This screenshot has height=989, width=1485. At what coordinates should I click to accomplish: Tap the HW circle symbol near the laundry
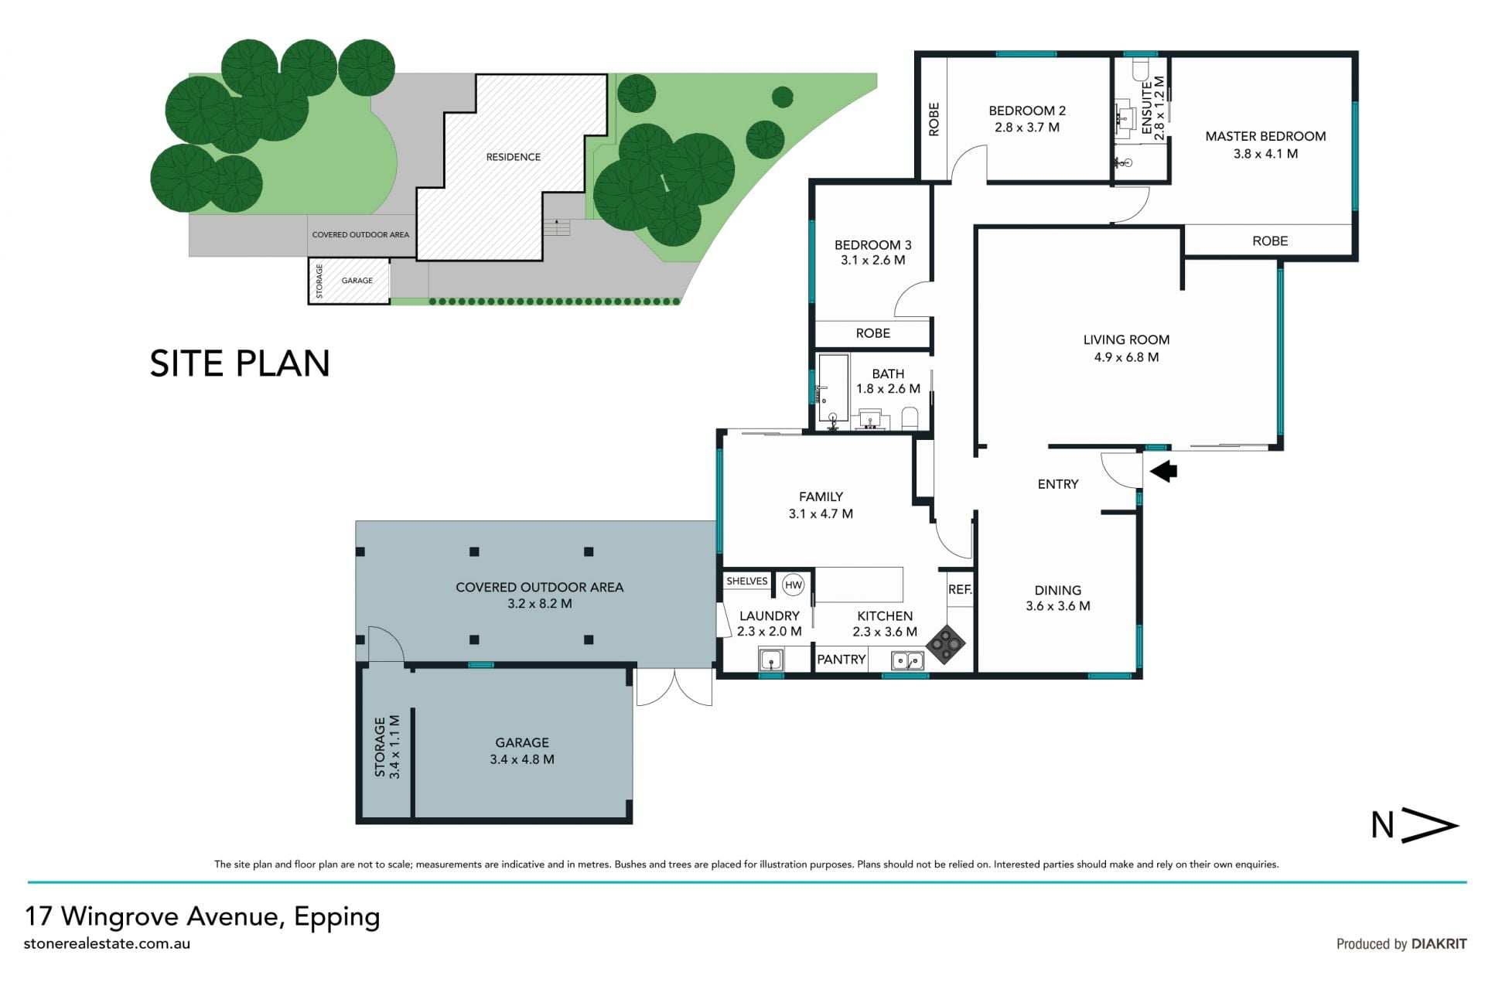794,585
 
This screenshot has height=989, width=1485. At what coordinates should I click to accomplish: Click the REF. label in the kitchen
960,589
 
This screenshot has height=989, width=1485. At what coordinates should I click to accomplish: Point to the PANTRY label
841,660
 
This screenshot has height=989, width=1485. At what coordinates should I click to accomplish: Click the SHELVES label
747,581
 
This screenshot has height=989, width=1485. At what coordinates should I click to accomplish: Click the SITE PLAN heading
240,363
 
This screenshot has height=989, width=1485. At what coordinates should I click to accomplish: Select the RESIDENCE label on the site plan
514,157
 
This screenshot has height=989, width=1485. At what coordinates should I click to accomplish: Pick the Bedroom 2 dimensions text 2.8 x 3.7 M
1027,128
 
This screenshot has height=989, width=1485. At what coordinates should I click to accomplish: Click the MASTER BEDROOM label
1265,136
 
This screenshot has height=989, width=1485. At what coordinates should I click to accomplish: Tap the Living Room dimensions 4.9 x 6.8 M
1126,357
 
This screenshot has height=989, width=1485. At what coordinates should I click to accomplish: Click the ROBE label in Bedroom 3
873,333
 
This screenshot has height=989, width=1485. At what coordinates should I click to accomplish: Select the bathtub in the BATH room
834,388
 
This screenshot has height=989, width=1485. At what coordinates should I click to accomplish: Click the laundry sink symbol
771,660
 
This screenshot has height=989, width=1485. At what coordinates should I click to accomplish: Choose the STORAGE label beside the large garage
380,747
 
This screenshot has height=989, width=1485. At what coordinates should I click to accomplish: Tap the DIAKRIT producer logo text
1439,943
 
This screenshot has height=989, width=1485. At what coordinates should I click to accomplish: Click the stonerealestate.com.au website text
107,943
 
